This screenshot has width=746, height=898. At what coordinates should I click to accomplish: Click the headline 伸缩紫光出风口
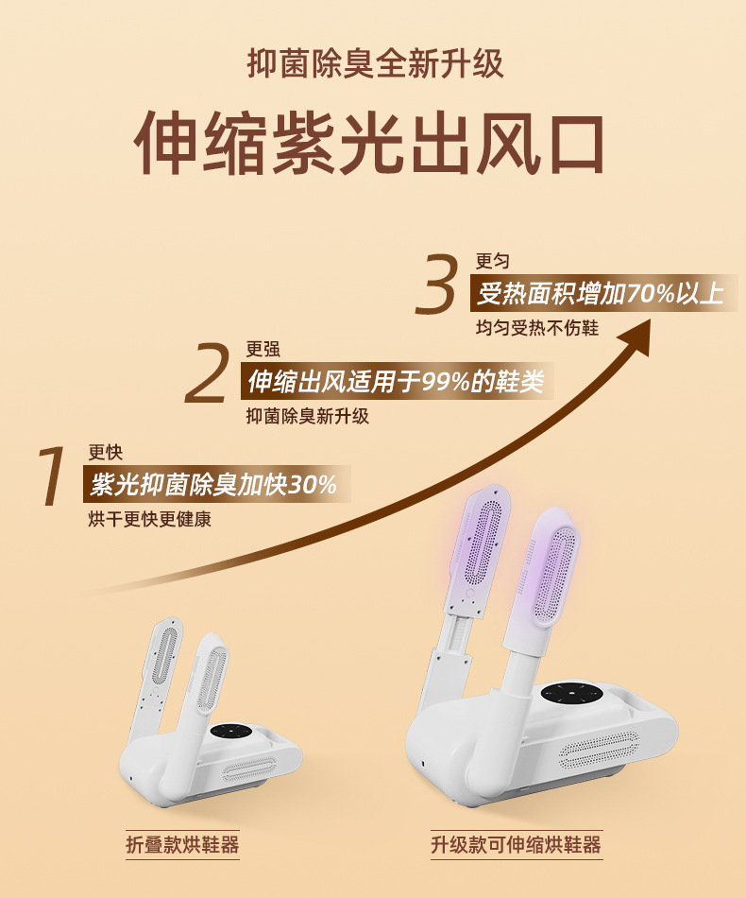click(369, 143)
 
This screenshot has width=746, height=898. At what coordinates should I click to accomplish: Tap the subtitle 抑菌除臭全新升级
click(375, 63)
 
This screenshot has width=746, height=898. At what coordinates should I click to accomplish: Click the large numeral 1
click(52, 476)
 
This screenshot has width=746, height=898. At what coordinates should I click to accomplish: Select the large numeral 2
click(208, 372)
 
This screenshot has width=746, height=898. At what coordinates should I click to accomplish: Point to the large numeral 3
click(437, 285)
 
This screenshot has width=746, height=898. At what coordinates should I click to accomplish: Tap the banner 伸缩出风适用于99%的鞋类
click(396, 381)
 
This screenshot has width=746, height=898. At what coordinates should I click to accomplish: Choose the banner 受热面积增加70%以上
click(601, 294)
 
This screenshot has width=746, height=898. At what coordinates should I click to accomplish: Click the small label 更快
click(105, 453)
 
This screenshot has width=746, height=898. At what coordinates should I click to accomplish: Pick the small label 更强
click(263, 349)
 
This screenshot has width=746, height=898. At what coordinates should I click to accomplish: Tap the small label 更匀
click(493, 261)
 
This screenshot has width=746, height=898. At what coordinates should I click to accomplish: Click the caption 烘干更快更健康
click(150, 520)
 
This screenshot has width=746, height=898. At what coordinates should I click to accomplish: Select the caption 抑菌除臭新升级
click(308, 416)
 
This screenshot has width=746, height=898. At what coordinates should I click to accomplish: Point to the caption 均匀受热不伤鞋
click(537, 328)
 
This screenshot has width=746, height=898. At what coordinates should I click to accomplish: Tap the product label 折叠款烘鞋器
click(182, 845)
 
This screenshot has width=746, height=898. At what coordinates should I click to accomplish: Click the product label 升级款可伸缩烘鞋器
click(517, 845)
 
